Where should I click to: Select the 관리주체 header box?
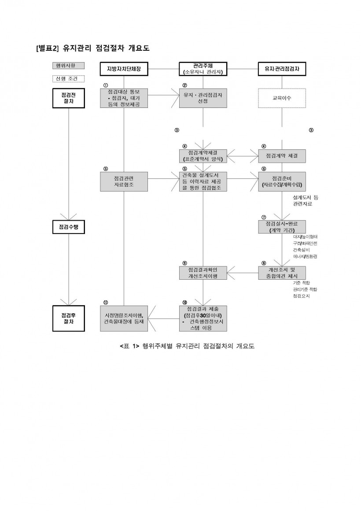203,69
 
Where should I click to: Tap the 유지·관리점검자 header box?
282,69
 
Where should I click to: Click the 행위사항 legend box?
66,65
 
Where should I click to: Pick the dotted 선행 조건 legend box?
66,79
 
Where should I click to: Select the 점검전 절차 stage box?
69,98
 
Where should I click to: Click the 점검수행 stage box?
69,226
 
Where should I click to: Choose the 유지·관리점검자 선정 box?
203,98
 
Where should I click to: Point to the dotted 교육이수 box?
282,98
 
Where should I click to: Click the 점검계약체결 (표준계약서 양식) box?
203,156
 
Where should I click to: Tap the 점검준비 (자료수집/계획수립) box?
282,181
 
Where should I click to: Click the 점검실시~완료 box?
282,226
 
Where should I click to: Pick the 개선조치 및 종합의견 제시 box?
282,272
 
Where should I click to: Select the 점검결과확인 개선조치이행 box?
203,272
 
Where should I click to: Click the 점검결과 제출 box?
203,318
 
